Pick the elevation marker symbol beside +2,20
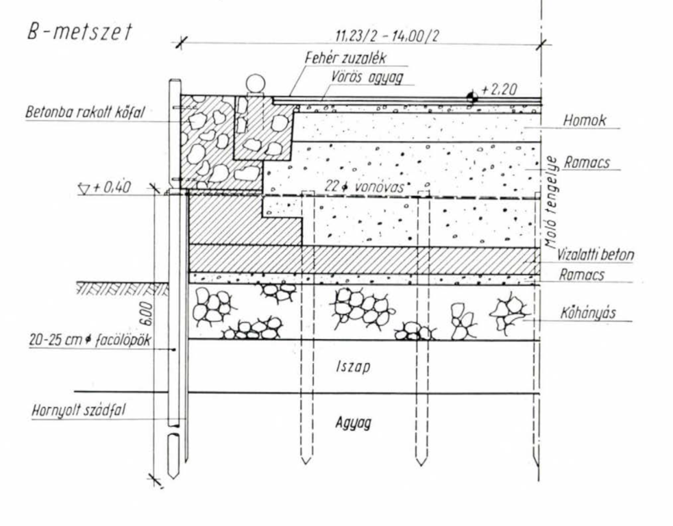472,97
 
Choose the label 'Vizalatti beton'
595,254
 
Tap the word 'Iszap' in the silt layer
354,367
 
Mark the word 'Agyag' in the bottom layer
353,423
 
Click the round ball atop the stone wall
255,84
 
